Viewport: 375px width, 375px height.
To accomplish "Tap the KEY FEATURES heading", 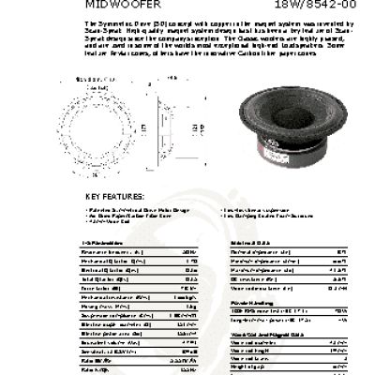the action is [x=114, y=196].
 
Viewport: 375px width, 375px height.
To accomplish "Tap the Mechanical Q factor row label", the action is [x=104, y=260].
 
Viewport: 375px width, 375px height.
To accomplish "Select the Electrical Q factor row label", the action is [x=103, y=268].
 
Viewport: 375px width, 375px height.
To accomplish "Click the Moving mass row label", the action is [x=102, y=306].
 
